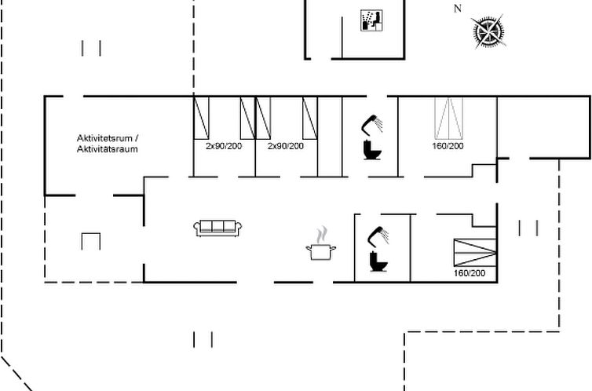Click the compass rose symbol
pyautogui.click(x=488, y=31)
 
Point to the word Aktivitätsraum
pyautogui.click(x=108, y=148)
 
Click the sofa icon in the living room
pyautogui.click(x=219, y=228)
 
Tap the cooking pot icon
pyautogui.click(x=320, y=251)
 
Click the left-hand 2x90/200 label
pyautogui.click(x=223, y=146)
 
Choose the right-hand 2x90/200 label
pyautogui.click(x=285, y=146)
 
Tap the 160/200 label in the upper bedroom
pyautogui.click(x=448, y=146)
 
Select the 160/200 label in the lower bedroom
pyautogui.click(x=470, y=273)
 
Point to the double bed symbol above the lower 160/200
pyautogui.click(x=474, y=252)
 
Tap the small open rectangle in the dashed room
pyautogui.click(x=91, y=240)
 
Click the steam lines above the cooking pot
pyautogui.click(x=320, y=236)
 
